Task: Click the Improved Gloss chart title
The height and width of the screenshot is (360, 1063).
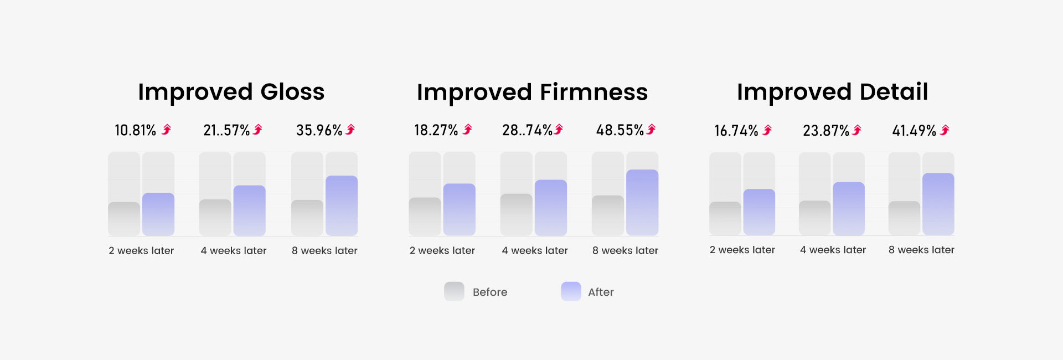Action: pyautogui.click(x=231, y=92)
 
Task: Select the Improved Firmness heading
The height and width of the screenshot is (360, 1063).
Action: pyautogui.click(x=532, y=92)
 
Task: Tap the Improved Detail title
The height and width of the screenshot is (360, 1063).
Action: pyautogui.click(x=832, y=92)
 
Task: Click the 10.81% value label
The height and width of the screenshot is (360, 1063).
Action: pyautogui.click(x=135, y=131)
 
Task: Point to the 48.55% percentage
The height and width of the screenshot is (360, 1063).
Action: pyautogui.click(x=620, y=131)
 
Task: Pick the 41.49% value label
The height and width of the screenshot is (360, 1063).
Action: pyautogui.click(x=914, y=131)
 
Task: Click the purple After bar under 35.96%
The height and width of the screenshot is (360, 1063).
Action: pyautogui.click(x=342, y=205)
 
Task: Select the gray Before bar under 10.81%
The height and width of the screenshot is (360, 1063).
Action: pyautogui.click(x=124, y=219)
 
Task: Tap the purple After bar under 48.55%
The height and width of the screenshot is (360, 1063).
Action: pyautogui.click(x=642, y=202)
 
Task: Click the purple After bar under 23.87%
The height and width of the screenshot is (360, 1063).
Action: pyautogui.click(x=849, y=208)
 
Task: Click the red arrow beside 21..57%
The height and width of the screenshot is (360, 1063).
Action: pyautogui.click(x=258, y=130)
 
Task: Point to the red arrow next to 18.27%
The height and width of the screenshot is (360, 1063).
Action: pyautogui.click(x=468, y=130)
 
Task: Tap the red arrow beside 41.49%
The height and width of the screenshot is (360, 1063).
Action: pyautogui.click(x=945, y=130)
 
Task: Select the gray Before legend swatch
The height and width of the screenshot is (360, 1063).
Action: pyautogui.click(x=454, y=291)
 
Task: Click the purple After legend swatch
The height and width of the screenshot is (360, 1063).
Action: pyautogui.click(x=571, y=291)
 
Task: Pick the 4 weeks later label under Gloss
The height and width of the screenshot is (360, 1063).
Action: pyautogui.click(x=233, y=251)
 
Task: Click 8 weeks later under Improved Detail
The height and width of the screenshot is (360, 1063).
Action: pyautogui.click(x=921, y=250)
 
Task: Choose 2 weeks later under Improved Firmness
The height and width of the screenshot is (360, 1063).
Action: pyautogui.click(x=442, y=251)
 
